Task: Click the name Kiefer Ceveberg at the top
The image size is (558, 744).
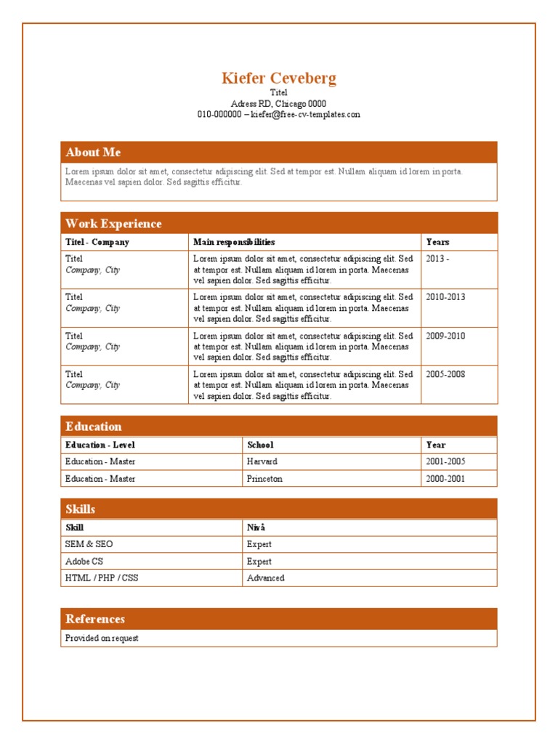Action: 279,78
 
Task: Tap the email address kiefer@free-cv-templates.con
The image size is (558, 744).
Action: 305,115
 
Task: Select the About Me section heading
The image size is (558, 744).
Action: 93,152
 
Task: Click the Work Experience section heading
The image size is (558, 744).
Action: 113,224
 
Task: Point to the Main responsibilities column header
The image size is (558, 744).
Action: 234,242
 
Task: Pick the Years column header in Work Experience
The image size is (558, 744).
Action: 437,242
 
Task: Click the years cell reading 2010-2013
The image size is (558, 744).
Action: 445,297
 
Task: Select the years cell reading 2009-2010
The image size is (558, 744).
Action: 445,336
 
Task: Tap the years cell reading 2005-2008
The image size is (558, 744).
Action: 445,375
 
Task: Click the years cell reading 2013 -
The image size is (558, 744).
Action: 437,259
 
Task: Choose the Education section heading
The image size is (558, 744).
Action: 93,426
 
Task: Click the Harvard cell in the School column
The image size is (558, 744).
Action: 262,461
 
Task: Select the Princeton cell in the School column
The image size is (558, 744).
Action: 264,479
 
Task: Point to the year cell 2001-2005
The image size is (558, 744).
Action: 445,461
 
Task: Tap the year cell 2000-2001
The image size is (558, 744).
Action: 445,479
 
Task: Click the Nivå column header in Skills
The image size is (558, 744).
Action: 256,527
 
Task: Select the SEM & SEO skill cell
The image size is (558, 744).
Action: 89,544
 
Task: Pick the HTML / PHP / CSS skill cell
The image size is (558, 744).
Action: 102,578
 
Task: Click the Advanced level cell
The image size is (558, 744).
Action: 265,578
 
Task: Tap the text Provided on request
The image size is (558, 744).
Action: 102,638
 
